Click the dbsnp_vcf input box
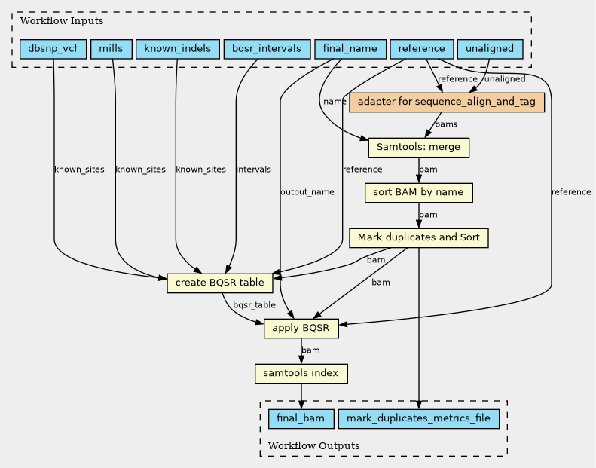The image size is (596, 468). tap(53, 49)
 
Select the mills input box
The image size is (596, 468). tap(112, 49)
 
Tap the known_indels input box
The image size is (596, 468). tap(178, 49)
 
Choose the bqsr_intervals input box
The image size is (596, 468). tap(267, 49)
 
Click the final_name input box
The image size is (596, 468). tap(350, 49)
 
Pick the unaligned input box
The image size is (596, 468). tap(490, 49)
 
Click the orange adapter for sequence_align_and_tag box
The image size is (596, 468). tap(447, 102)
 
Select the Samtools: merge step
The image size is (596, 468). tap(419, 148)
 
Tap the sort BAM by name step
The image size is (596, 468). tap(419, 193)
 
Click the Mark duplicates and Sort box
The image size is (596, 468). tap(419, 238)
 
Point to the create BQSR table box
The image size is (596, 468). tap(220, 283)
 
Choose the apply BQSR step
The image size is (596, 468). tap(301, 329)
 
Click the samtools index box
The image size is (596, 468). tap(301, 374)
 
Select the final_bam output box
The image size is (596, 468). tap(301, 419)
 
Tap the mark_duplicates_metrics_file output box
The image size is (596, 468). tap(419, 419)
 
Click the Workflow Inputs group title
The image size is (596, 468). tap(62, 21)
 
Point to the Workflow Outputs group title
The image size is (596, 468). tap(314, 445)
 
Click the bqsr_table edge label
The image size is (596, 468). tap(254, 305)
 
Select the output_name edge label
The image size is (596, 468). tap(307, 192)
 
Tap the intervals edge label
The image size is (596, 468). tap(253, 169)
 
